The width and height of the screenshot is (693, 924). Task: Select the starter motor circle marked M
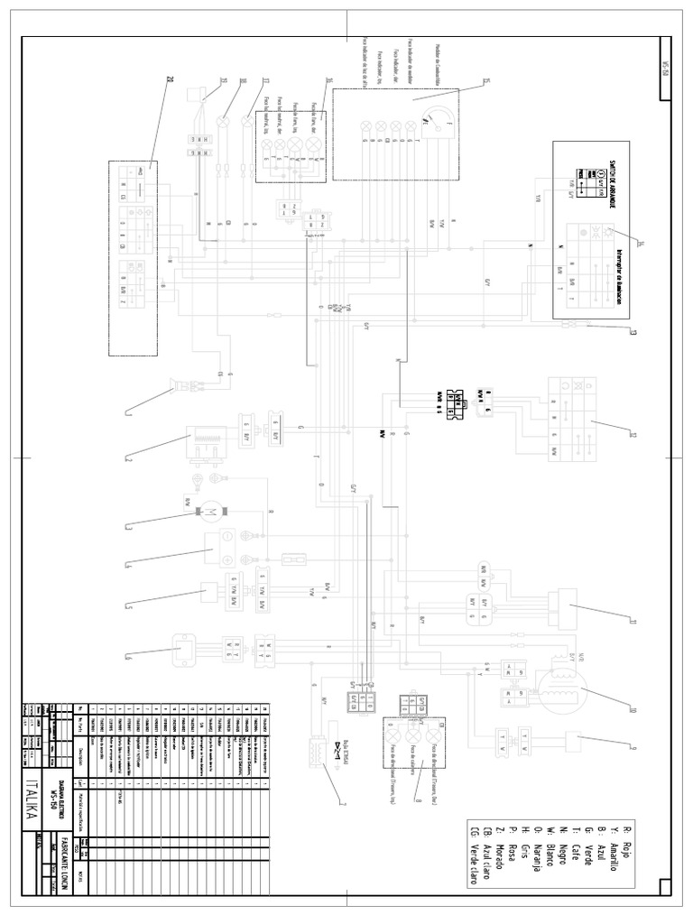[209, 513]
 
